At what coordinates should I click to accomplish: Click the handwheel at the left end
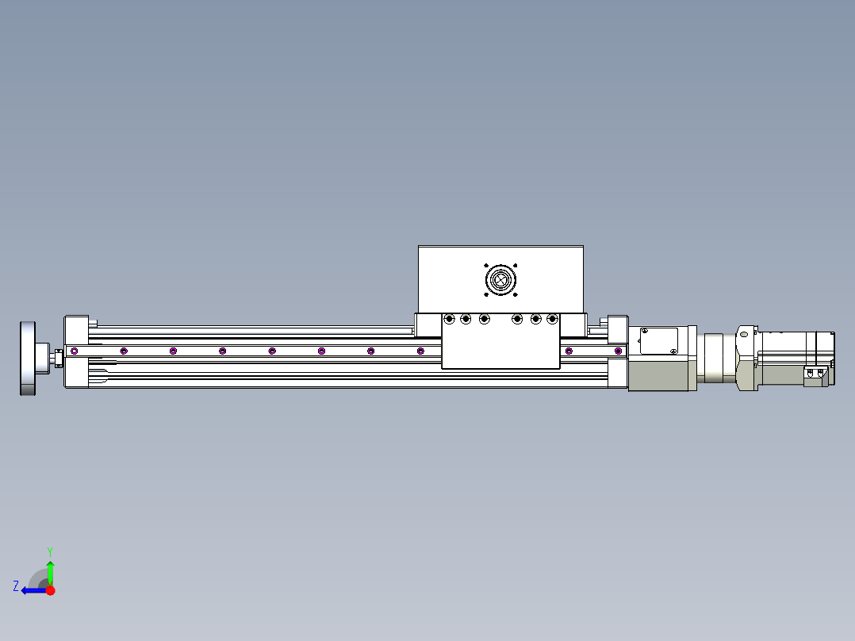click(28, 358)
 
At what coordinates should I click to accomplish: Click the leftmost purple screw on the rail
click(74, 351)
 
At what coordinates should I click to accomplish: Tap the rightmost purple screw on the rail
click(618, 351)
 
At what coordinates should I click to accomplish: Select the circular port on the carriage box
click(500, 280)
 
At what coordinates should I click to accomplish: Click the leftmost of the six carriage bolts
click(449, 319)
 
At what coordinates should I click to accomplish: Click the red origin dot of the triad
click(50, 590)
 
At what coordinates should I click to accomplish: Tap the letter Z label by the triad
click(16, 586)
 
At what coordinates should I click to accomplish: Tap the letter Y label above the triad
click(49, 551)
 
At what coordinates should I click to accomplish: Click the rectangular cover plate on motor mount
click(658, 341)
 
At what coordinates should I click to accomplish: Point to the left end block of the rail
click(77, 351)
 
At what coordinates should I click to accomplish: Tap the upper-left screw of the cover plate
click(643, 331)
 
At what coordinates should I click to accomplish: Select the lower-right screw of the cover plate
click(673, 351)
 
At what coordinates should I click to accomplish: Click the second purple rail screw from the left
click(123, 351)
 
